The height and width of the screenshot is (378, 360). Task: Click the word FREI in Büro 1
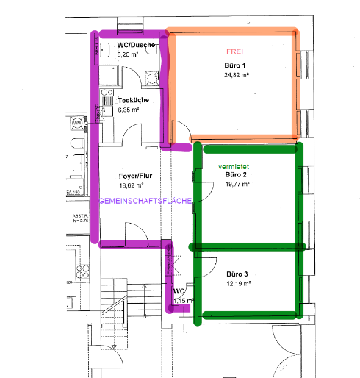tap(234, 52)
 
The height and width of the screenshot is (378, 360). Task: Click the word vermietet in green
tap(234, 168)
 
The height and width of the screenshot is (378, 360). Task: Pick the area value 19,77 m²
tap(238, 185)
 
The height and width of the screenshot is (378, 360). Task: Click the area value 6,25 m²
tap(130, 54)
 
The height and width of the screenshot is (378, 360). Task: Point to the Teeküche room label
tap(133, 100)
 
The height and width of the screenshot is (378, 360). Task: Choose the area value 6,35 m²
tap(130, 109)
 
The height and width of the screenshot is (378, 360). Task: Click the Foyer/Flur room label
tap(134, 176)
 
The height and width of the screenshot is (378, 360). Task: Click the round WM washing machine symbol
tap(76, 123)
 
